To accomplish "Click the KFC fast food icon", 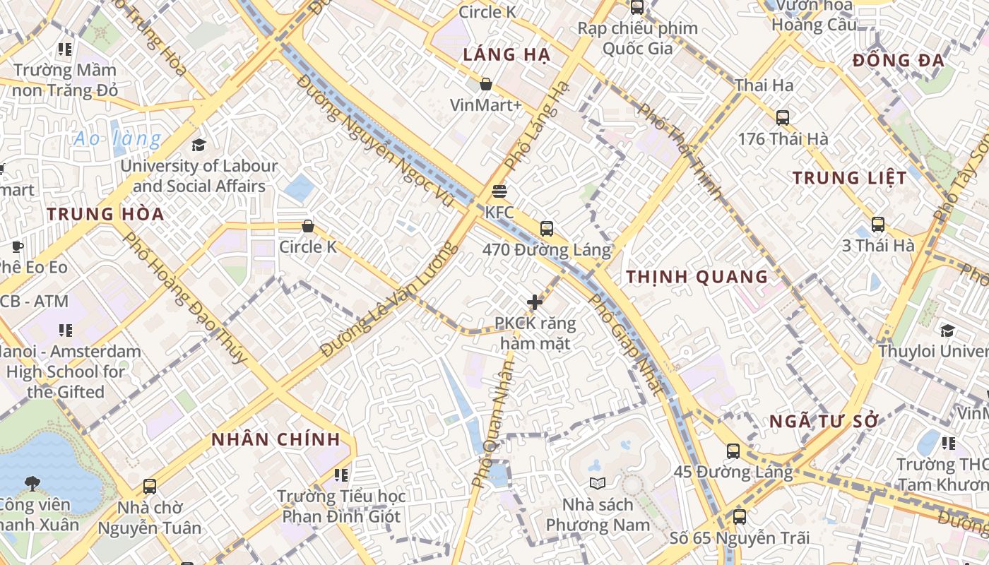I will tap(499, 191).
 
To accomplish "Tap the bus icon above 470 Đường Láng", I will tap(546, 228).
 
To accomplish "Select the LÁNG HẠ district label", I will tap(506, 55).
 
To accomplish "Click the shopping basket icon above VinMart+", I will tap(486, 85).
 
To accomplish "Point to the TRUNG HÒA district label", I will tap(105, 214).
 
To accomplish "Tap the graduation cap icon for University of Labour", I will tap(199, 145).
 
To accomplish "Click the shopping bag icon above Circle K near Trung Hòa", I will tap(308, 226).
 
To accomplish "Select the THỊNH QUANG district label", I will tap(697, 277).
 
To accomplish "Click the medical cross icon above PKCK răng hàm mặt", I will tap(535, 302).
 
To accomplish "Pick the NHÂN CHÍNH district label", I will tap(276, 439).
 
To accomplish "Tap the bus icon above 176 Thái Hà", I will tap(783, 118).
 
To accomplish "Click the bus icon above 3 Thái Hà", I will tap(878, 225).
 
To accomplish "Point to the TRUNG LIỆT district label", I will tap(849, 178).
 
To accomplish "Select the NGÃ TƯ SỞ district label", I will tap(824, 422).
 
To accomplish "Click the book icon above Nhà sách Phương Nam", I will tap(598, 484).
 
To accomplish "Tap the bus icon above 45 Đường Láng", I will tap(733, 451).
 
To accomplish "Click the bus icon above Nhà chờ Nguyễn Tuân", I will tap(150, 486).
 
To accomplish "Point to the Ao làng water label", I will tap(117, 138).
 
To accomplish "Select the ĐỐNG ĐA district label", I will tap(898, 60).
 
